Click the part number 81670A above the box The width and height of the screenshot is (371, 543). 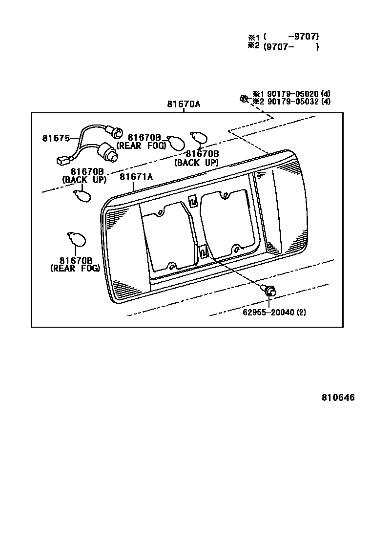(184, 104)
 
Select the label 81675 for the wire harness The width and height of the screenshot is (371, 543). (56, 138)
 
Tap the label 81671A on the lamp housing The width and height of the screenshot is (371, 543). (136, 177)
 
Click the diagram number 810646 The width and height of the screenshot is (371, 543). (338, 397)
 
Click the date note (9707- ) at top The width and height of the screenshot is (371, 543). (291, 47)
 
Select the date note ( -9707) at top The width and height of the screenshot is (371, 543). (291, 36)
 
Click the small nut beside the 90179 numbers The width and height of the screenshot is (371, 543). (243, 99)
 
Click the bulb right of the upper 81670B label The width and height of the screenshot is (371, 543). (175, 142)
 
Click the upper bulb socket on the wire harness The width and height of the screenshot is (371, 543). (116, 131)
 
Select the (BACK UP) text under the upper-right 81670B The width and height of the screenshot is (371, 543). (196, 163)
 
